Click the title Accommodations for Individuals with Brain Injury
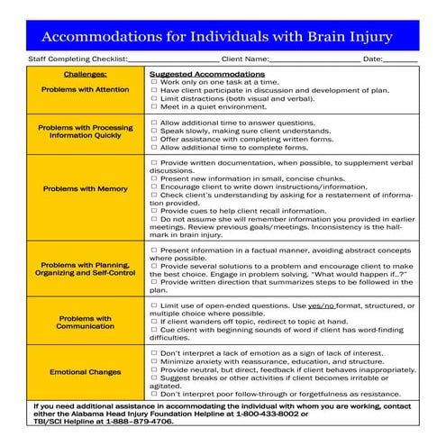tap(223, 36)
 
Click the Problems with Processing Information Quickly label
tap(86, 132)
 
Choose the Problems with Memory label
tap(86, 189)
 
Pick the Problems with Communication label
tap(86, 323)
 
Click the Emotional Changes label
tap(86, 370)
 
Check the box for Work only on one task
tap(154, 81)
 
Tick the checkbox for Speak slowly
tap(154, 130)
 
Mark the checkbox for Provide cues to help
tap(154, 210)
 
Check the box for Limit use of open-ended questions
tap(154, 306)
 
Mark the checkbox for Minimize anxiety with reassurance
tap(154, 361)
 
